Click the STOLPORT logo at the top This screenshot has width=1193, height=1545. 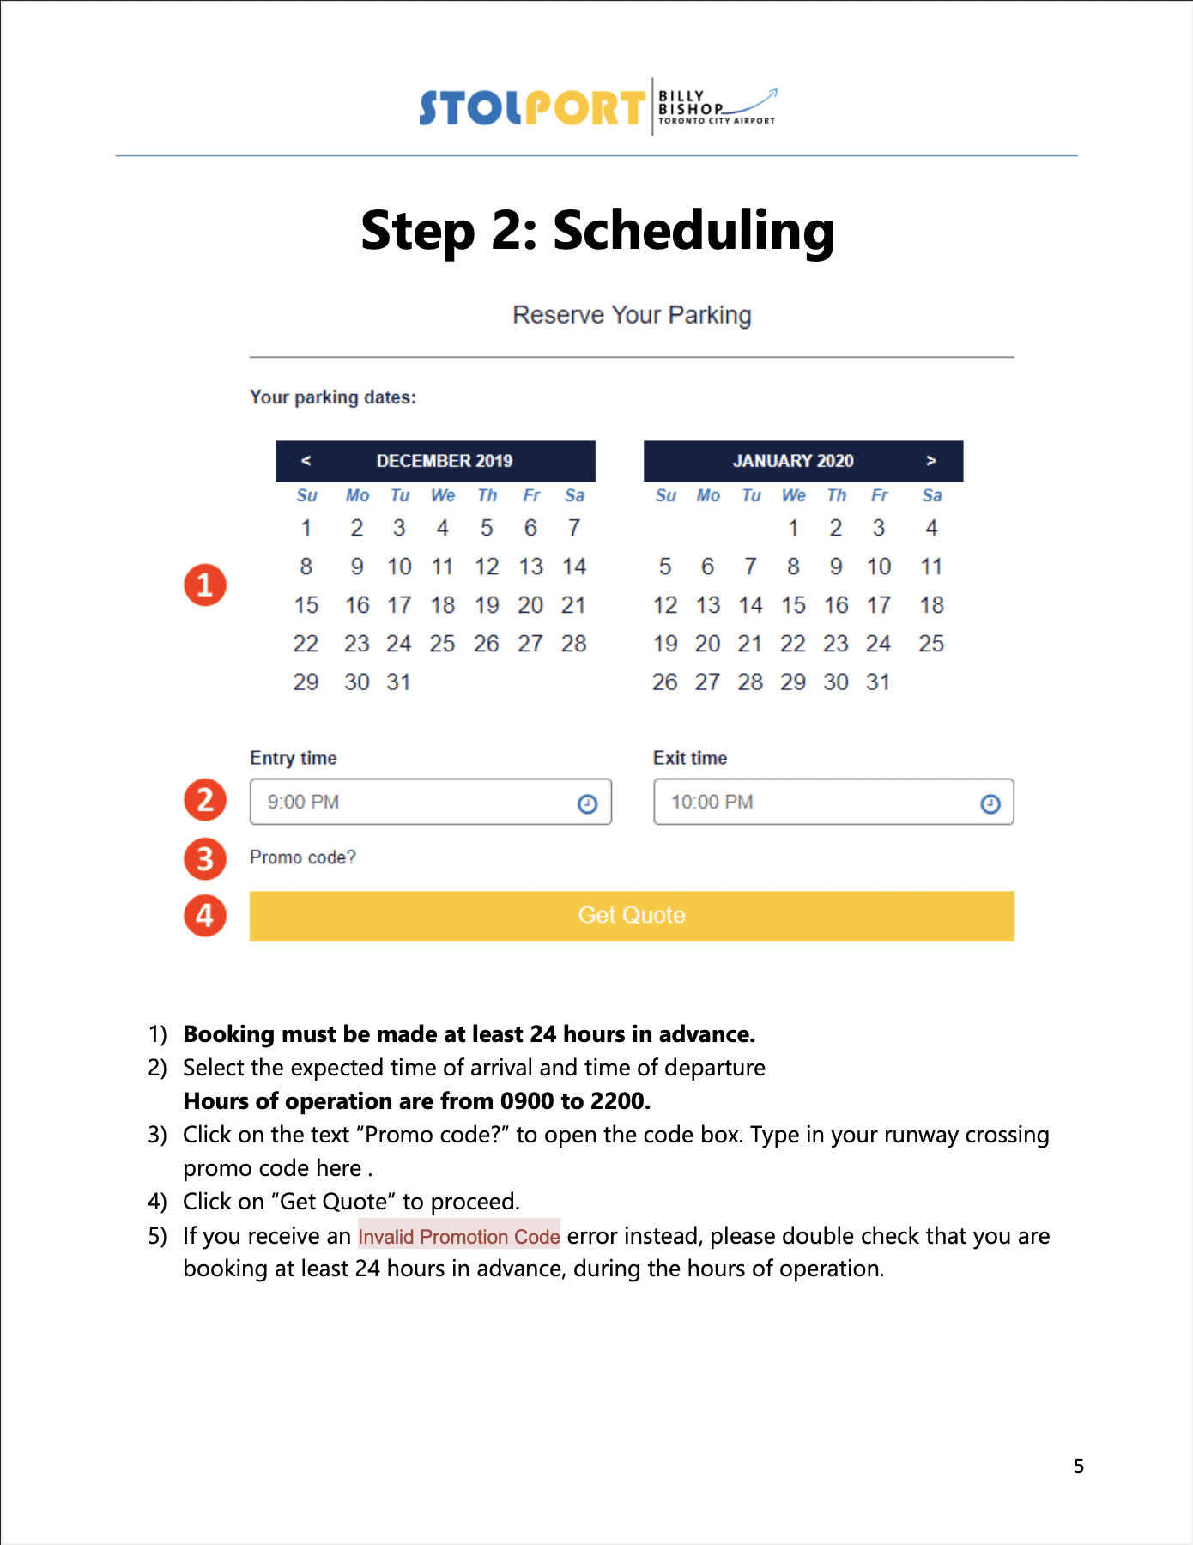click(531, 108)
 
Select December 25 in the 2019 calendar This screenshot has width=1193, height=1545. click(442, 644)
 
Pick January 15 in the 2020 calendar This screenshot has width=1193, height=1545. click(793, 605)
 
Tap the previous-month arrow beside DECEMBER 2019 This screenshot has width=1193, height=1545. click(306, 461)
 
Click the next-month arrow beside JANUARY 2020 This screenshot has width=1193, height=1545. click(931, 461)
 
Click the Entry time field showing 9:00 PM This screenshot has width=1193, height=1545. click(412, 802)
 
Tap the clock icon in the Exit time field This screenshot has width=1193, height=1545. click(990, 803)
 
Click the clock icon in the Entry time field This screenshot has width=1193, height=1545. click(587, 803)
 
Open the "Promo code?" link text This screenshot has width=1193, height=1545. click(302, 857)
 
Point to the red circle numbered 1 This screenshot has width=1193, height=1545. click(205, 585)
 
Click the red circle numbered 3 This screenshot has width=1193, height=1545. click(205, 859)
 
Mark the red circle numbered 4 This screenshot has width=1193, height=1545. click(205, 916)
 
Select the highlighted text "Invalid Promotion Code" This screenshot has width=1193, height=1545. click(458, 1236)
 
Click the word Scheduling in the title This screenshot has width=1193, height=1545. click(693, 232)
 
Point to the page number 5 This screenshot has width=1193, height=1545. click(1079, 1466)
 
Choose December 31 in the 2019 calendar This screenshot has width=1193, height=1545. click(398, 682)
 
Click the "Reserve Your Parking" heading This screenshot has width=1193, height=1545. click(632, 315)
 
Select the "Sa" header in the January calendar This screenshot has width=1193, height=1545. click(932, 495)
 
